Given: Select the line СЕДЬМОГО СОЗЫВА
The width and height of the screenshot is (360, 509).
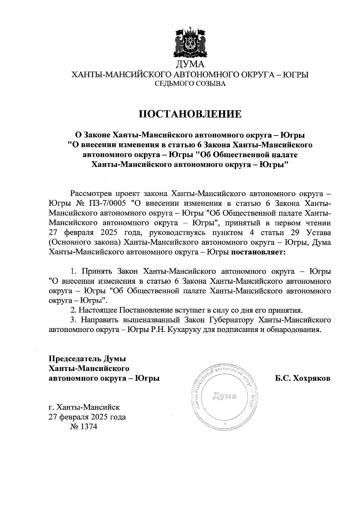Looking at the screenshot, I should coord(190,84).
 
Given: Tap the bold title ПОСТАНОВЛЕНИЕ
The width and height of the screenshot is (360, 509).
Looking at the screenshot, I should coord(190,114).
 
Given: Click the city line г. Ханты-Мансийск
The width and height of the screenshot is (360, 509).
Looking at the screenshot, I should coord(85,407).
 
